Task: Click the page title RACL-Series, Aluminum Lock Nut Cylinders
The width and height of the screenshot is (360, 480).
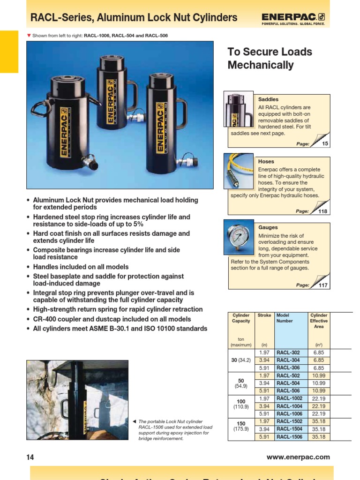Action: [x=134, y=18]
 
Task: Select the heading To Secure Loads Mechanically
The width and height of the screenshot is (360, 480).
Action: [x=270, y=59]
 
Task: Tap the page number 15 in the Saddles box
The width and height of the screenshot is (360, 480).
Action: [x=325, y=144]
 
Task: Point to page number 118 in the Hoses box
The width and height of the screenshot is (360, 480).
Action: [x=323, y=211]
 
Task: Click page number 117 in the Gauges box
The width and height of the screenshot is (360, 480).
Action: [x=323, y=285]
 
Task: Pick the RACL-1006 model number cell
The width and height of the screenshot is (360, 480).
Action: [x=289, y=414]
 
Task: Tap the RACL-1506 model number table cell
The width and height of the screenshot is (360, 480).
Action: [x=289, y=437]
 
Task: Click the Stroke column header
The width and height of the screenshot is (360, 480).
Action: [x=264, y=316]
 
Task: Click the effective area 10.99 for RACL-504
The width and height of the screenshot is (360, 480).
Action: [x=319, y=383]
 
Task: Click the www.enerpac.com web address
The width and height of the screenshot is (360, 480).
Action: [x=298, y=457]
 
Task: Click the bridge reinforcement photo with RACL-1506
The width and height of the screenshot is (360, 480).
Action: [x=77, y=401]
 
